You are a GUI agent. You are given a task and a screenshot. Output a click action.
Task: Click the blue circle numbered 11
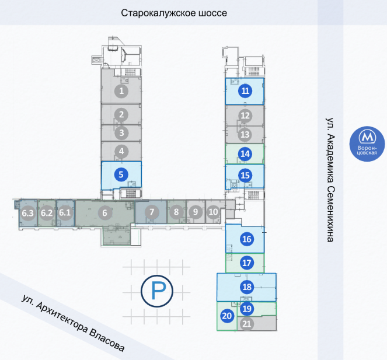pos(245,91)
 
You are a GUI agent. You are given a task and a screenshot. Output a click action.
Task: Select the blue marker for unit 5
pos(121,174)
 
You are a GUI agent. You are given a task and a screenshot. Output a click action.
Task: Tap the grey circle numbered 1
pos(121,91)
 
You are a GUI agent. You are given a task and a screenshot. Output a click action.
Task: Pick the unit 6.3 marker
pos(27,213)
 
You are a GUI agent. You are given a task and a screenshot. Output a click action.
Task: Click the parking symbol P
pos(157,291)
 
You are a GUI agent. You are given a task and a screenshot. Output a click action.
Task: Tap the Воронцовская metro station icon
pos(367,144)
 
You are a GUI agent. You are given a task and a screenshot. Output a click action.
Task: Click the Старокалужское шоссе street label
pos(174,13)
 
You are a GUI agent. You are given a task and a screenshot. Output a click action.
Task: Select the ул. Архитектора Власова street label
pos(73,323)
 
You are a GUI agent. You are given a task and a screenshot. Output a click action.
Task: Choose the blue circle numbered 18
pos(247,286)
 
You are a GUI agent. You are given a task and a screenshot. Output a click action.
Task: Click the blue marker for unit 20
pos(227,316)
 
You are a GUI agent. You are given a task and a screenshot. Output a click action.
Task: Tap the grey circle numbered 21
pos(247,323)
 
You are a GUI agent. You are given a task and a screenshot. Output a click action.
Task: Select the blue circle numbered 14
pos(245,153)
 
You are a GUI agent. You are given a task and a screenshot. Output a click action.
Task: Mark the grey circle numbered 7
pos(152,212)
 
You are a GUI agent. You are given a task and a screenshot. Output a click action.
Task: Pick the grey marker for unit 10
pos(213,212)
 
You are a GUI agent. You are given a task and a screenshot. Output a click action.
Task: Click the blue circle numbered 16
pos(247,239)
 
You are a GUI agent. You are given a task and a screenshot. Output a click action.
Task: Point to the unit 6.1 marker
pos(65,212)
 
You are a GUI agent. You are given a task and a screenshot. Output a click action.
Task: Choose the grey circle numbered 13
pos(245,134)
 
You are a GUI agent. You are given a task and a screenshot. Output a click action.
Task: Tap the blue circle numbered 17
pos(247,263)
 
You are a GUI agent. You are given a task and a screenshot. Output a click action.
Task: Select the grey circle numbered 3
pos(121,133)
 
